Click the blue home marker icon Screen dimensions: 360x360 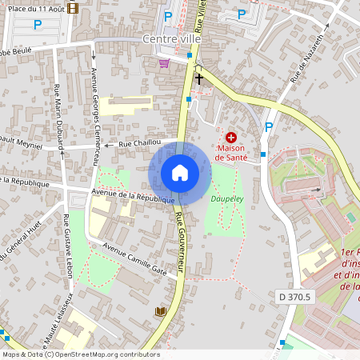tap(180, 173)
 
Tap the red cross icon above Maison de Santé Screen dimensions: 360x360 tap(231, 138)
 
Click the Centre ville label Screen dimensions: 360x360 tap(171, 38)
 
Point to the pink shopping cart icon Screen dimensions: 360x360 tap(164, 63)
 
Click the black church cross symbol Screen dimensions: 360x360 tap(198, 78)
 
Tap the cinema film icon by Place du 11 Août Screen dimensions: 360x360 tap(74, 8)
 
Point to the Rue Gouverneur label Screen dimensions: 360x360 tap(181, 240)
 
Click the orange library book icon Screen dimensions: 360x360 tap(160, 311)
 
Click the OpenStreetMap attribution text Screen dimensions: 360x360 tap(80, 354)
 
